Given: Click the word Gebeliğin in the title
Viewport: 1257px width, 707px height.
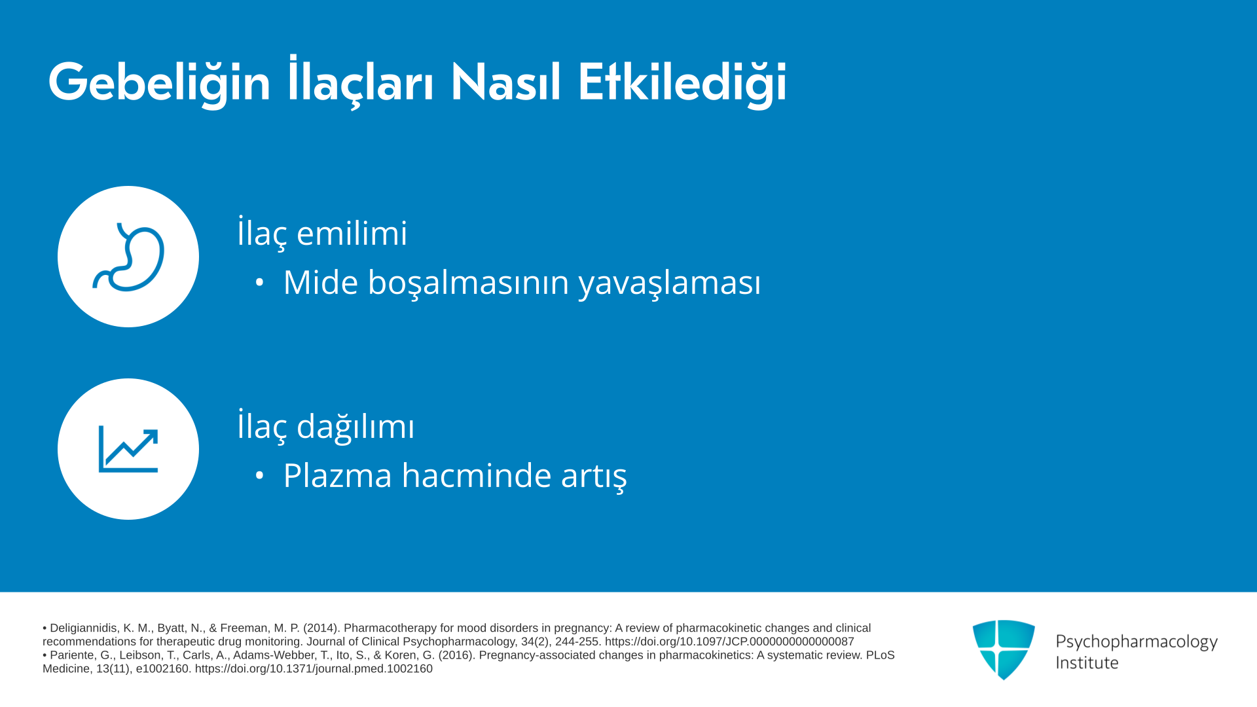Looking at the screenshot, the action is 159,84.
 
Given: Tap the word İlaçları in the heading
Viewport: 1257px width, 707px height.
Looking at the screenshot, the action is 361,82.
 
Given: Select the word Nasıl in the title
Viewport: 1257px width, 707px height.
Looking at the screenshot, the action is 505,82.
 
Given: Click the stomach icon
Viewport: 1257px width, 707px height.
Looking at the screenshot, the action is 128,257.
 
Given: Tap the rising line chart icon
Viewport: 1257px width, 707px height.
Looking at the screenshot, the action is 128,449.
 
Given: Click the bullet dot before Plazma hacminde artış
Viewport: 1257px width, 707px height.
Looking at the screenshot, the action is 260,476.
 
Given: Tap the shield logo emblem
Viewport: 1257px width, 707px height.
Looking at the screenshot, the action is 1004,649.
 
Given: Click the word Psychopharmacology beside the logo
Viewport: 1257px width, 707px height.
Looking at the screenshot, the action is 1137,642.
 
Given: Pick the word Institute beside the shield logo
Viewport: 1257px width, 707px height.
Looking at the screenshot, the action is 1087,662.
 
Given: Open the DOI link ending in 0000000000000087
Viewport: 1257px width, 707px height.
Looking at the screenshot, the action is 729,642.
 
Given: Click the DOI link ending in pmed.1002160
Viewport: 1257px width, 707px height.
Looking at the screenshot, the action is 314,669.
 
